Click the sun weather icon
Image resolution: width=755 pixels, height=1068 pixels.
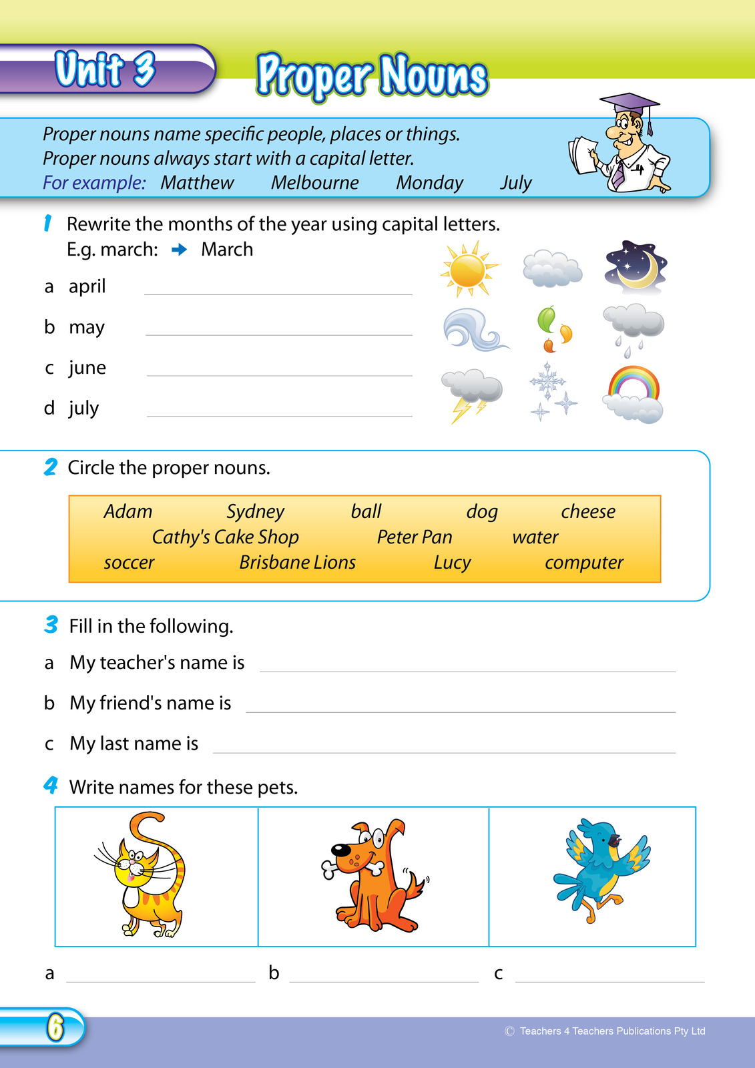(x=469, y=270)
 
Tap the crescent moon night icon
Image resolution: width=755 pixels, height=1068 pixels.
(x=636, y=268)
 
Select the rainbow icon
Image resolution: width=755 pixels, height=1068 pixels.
(x=634, y=394)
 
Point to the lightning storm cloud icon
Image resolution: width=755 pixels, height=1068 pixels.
(x=471, y=394)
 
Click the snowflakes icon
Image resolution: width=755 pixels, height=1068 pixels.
(x=552, y=391)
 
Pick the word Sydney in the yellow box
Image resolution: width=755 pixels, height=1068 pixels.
(x=255, y=512)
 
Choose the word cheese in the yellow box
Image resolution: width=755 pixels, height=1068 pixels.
(x=587, y=512)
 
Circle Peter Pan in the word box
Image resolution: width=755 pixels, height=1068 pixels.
(x=414, y=537)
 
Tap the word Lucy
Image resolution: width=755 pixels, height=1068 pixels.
(x=452, y=563)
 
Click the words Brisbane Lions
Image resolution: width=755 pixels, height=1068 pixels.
(x=297, y=563)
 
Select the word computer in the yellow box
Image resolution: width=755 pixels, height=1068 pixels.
(x=583, y=563)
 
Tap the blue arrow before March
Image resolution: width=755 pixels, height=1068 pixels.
(x=179, y=250)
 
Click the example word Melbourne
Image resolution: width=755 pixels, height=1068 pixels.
(x=314, y=183)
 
